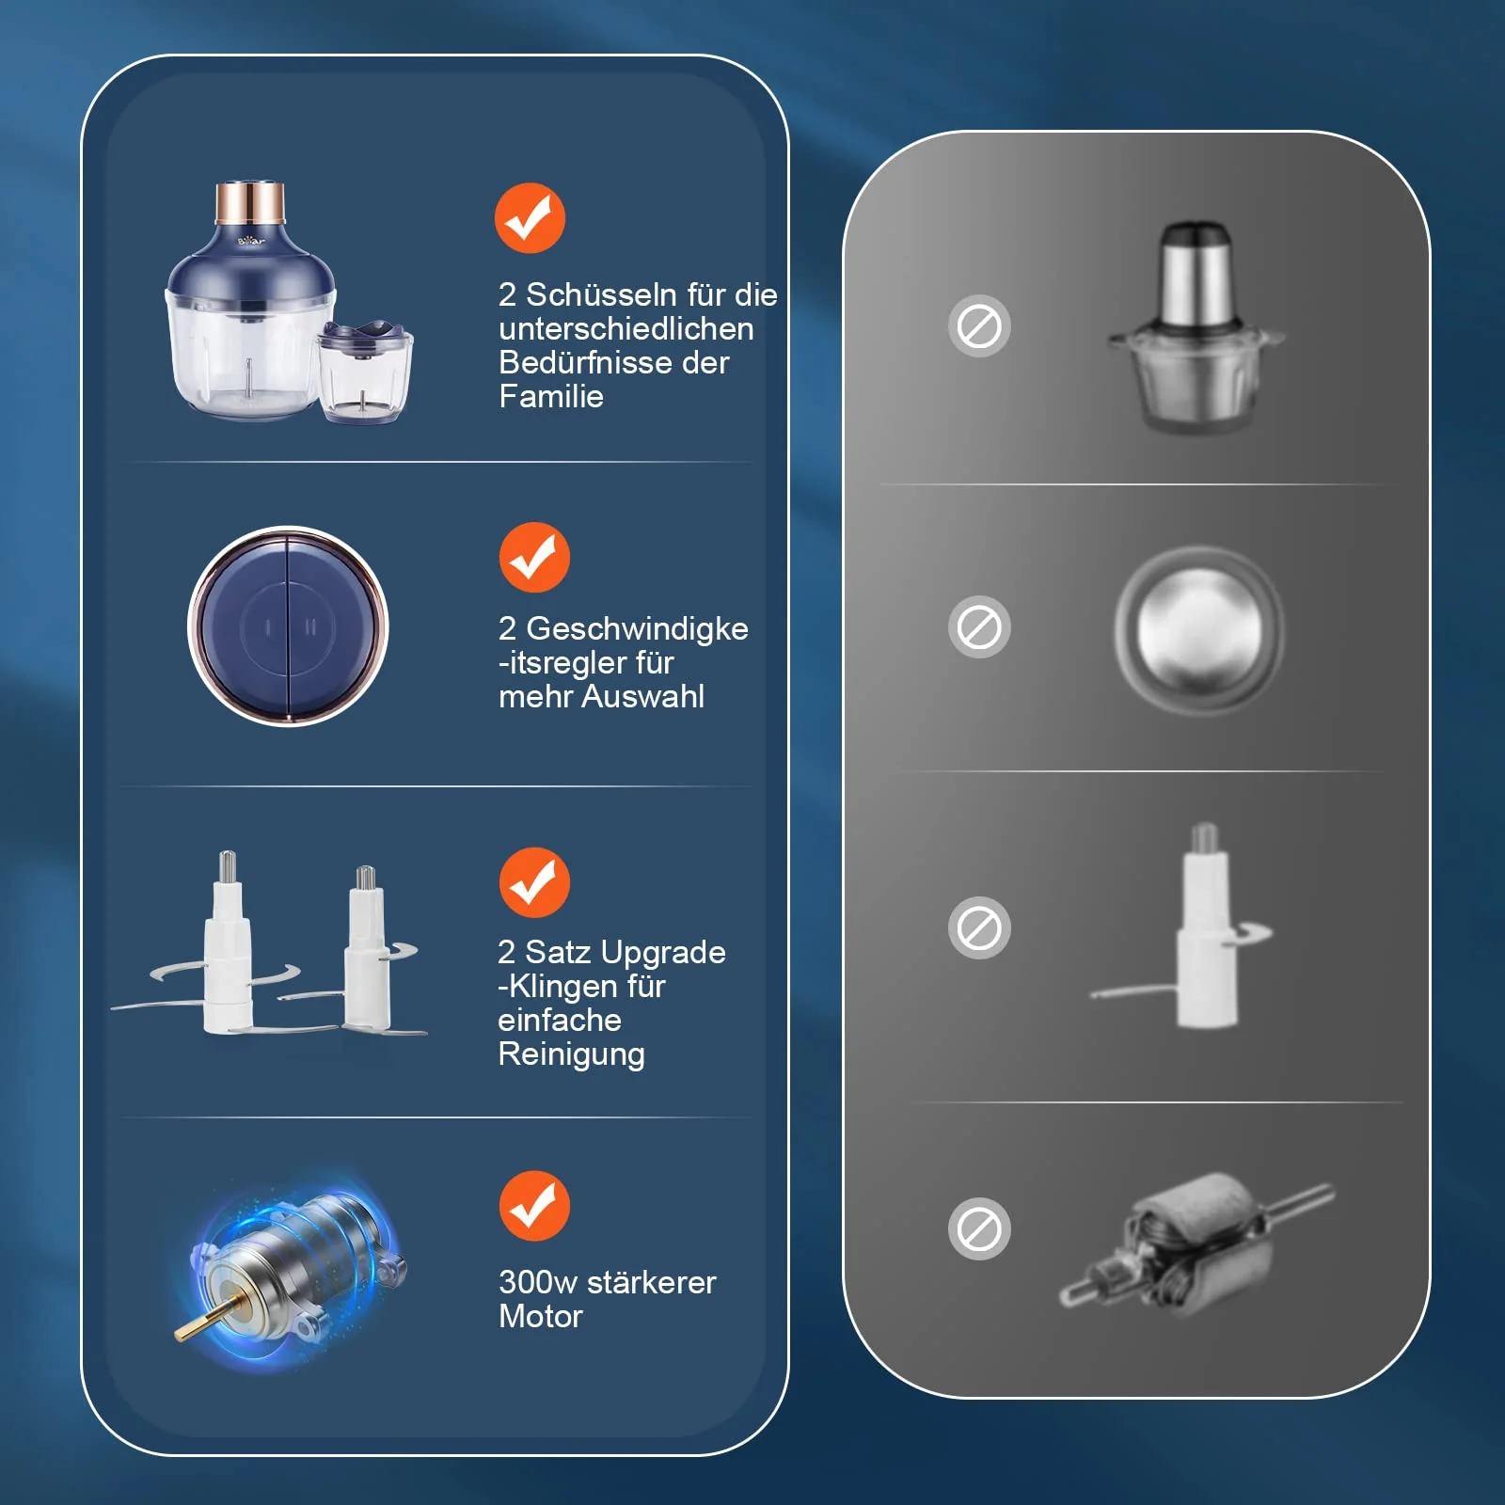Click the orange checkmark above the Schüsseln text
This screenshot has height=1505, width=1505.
coord(530,218)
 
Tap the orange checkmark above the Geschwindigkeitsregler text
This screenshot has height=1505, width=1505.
coord(534,557)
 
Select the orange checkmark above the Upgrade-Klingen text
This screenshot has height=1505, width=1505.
coord(534,882)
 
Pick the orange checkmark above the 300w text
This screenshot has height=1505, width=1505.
coord(534,1206)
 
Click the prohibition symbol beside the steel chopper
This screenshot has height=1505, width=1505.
coord(979,326)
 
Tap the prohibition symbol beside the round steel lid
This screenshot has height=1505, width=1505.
coord(979,626)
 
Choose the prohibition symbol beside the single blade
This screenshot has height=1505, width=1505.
coord(979,927)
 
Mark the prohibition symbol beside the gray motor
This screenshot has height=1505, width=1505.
coord(979,1228)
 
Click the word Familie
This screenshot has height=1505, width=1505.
coord(551,396)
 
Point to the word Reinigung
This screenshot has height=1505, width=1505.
coord(571,1054)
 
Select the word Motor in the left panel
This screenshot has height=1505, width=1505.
coord(541,1316)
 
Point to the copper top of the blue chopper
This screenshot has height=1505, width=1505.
coord(250,202)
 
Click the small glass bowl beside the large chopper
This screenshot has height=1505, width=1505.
coord(364,372)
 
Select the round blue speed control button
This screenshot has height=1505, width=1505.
coord(288,626)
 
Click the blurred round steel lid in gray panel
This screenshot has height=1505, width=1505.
coord(1199,630)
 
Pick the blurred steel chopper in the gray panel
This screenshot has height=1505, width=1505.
coord(1195,326)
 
